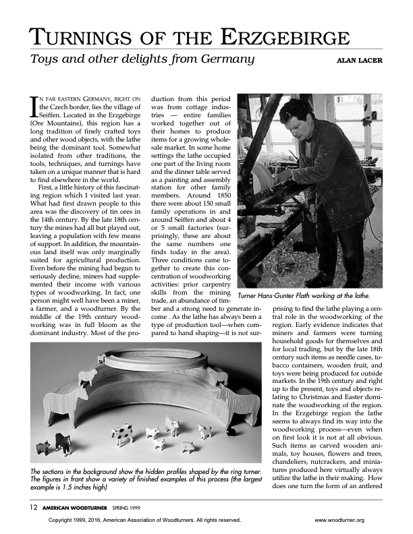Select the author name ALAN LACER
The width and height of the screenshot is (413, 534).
pyautogui.click(x=358, y=60)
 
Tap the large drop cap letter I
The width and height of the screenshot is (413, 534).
pyautogui.click(x=34, y=106)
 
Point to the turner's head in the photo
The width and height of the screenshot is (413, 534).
pyautogui.click(x=292, y=115)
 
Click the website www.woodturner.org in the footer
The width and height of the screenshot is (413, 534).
pyautogui.click(x=339, y=521)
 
